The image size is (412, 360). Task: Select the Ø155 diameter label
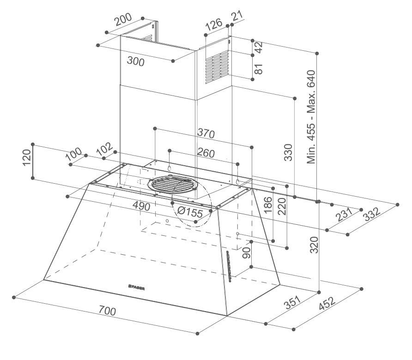(190, 213)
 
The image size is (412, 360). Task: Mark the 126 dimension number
(214, 24)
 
